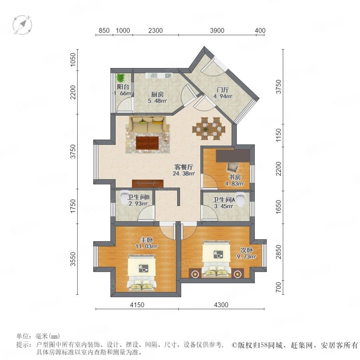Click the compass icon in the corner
[22, 25]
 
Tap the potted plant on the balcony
[120, 78]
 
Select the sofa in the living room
[147, 124]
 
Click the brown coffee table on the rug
[147, 143]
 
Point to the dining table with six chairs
[209, 128]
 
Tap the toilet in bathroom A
[240, 199]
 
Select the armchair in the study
[232, 168]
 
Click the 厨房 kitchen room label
[157, 94]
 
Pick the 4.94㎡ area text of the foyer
[222, 96]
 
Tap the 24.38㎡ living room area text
[184, 173]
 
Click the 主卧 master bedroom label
[146, 240]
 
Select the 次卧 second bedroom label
[246, 250]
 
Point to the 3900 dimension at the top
[217, 30]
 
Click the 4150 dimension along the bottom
[137, 305]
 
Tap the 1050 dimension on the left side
[73, 60]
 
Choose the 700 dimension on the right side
[278, 287]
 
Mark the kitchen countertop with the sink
[159, 76]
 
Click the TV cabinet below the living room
[148, 183]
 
